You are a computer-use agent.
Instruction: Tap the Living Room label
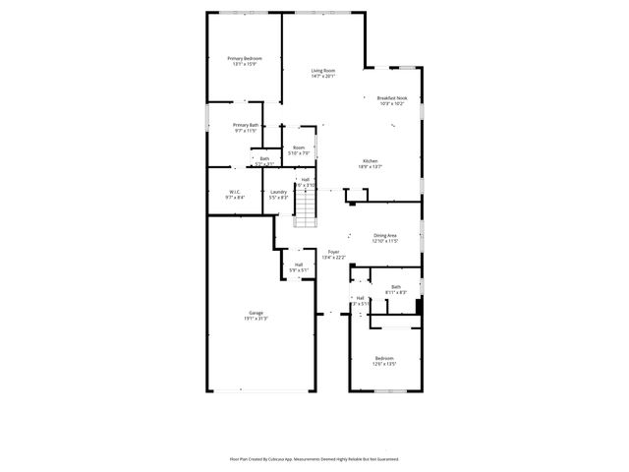pos(323,71)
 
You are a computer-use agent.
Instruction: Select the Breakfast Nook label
pos(392,98)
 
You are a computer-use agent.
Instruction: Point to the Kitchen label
pos(371,161)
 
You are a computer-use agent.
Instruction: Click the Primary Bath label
pos(246,125)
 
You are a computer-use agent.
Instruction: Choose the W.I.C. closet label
pos(235,192)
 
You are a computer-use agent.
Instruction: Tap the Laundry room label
pos(278,192)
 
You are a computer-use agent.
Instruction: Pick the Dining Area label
pos(385,235)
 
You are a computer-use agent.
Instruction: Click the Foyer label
pos(334,253)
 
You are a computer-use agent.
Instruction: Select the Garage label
pos(256,313)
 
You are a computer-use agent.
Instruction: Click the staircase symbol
pos(309,207)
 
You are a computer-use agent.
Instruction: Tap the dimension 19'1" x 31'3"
pos(256,319)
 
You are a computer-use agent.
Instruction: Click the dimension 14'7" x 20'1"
pos(323,77)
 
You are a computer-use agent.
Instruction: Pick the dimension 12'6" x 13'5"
pos(384,364)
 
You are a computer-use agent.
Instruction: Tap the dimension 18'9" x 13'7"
pos(371,167)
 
